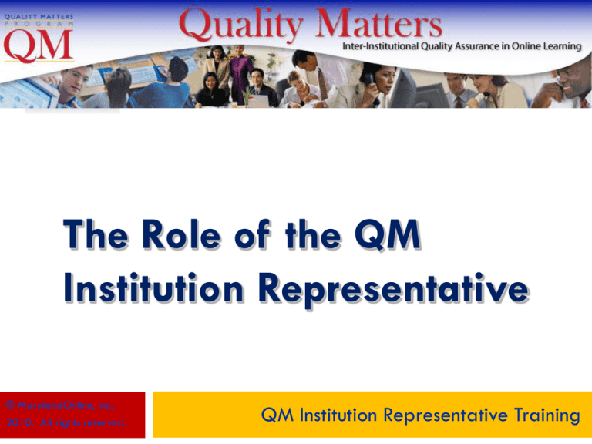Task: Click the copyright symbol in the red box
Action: [x=8, y=402]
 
